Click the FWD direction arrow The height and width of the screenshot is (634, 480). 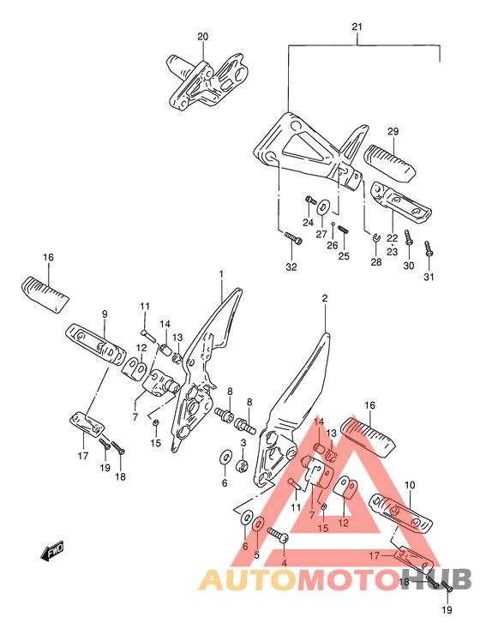pyautogui.click(x=52, y=551)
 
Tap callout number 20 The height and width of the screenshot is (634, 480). pyautogui.click(x=202, y=37)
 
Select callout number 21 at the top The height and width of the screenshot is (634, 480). pyautogui.click(x=357, y=27)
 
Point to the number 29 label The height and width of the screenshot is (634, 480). pyautogui.click(x=393, y=131)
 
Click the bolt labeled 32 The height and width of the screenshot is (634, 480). pyautogui.click(x=294, y=238)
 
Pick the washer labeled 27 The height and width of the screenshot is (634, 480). pyautogui.click(x=322, y=208)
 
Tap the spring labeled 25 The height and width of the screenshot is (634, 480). pyautogui.click(x=343, y=230)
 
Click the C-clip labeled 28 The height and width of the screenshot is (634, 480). pyautogui.click(x=375, y=238)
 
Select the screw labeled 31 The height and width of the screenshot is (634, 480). pyautogui.click(x=429, y=248)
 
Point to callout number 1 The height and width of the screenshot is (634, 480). pyautogui.click(x=221, y=274)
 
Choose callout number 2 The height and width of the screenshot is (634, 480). pyautogui.click(x=325, y=298)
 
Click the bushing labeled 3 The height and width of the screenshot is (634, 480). pyautogui.click(x=243, y=465)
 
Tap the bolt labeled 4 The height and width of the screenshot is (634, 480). pyautogui.click(x=278, y=535)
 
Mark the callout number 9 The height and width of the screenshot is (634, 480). pyautogui.click(x=105, y=314)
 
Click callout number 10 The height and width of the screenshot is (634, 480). pyautogui.click(x=410, y=484)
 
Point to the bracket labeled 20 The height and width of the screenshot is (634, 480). pyautogui.click(x=207, y=81)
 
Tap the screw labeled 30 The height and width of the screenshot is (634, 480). pyautogui.click(x=409, y=238)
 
